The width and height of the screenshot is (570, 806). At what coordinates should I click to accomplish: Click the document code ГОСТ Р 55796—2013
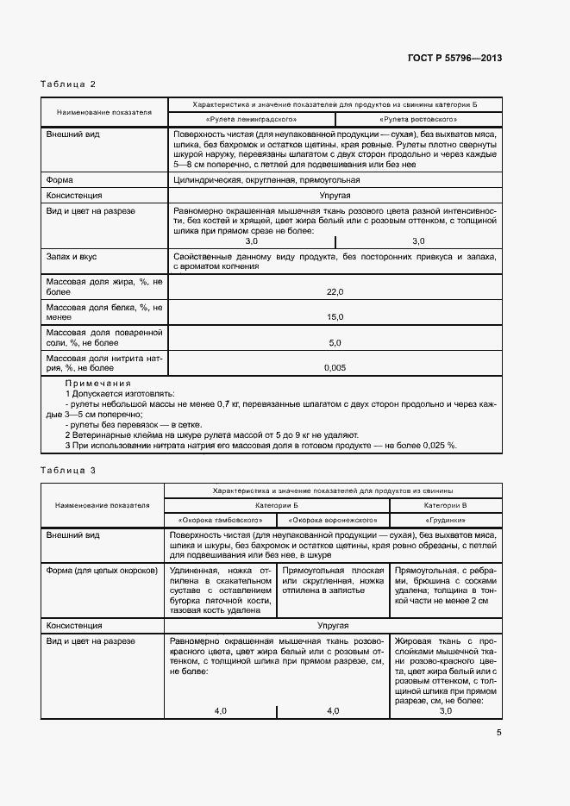coord(456,58)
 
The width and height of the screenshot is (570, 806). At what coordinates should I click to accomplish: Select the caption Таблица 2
coord(68,84)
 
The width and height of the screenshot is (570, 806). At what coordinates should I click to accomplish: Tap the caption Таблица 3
coord(68,470)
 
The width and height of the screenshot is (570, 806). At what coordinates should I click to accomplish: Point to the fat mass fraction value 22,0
coord(335,292)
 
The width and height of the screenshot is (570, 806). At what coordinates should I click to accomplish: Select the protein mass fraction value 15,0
coord(335,317)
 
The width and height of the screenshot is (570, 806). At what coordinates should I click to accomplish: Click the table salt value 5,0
coord(335,342)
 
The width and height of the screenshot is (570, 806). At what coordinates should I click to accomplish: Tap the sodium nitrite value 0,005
coord(335,367)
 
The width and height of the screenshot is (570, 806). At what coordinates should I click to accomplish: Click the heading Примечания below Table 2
coord(98,383)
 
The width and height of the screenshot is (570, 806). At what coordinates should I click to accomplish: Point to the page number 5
coord(499,733)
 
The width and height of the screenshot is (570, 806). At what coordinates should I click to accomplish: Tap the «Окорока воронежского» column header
coord(333,520)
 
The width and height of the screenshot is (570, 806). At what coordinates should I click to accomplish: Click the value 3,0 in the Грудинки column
coord(445,710)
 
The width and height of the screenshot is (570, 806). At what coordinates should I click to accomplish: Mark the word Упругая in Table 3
coord(333,623)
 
